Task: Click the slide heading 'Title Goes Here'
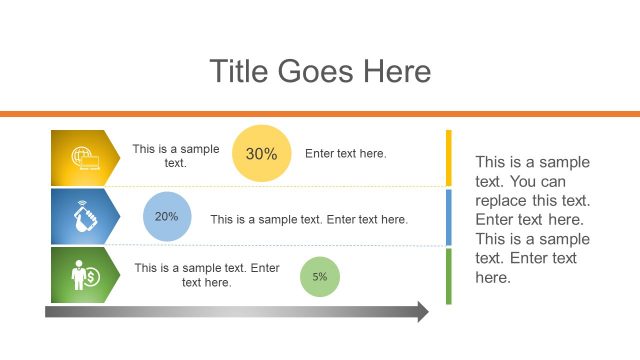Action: (320, 71)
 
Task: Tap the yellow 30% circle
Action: (261, 154)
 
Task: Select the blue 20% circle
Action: (167, 216)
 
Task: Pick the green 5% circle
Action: (320, 277)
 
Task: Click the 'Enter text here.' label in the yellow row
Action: (345, 154)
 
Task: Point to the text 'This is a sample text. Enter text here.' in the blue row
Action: (309, 219)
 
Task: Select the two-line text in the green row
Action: (207, 275)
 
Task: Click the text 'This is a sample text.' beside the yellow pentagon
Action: (175, 155)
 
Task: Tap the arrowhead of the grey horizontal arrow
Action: (422, 312)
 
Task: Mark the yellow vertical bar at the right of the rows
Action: (449, 157)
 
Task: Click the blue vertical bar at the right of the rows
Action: (449, 216)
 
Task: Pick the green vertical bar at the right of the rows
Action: (449, 275)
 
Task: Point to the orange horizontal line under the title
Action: (320, 114)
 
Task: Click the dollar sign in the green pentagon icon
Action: (91, 277)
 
